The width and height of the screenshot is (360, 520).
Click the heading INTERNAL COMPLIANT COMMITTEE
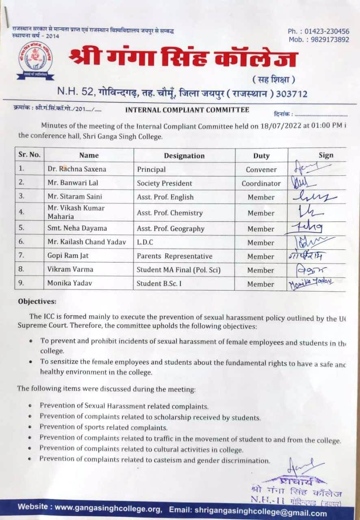[187, 110]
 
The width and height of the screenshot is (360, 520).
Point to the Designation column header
[184, 156]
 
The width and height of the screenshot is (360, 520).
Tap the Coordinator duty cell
[261, 184]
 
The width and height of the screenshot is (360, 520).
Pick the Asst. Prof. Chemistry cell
[169, 213]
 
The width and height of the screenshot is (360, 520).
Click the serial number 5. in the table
[22, 229]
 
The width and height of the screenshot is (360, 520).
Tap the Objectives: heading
[37, 301]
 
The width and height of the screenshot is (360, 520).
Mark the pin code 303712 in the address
[291, 94]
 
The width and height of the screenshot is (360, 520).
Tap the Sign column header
[326, 155]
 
